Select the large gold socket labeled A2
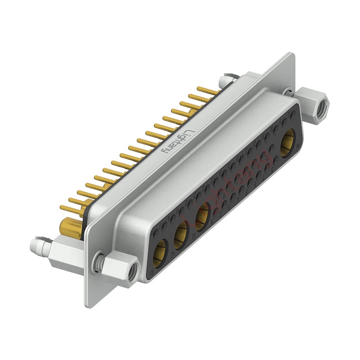pyautogui.click(x=181, y=232)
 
